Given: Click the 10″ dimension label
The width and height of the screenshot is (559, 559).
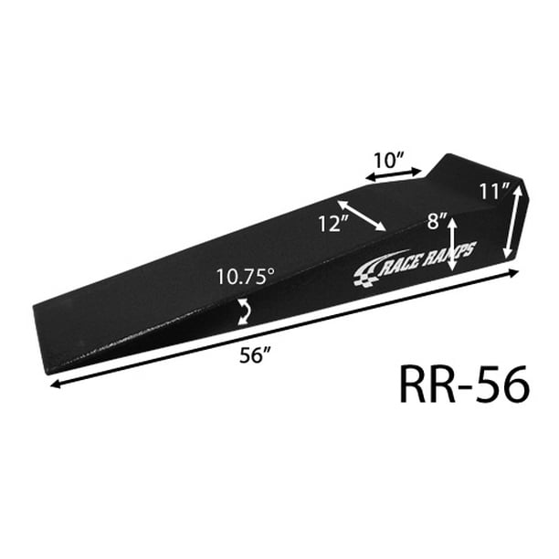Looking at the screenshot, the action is pyautogui.click(x=388, y=160).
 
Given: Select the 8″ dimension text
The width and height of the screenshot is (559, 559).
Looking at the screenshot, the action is pyautogui.click(x=438, y=221).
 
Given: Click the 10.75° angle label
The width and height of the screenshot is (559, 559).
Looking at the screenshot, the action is pyautogui.click(x=246, y=277).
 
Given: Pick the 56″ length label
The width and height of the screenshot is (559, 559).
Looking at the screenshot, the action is pyautogui.click(x=255, y=355).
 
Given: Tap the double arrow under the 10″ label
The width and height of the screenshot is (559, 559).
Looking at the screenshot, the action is pyautogui.click(x=394, y=174).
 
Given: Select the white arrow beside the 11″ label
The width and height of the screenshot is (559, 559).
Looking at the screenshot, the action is pyautogui.click(x=512, y=223).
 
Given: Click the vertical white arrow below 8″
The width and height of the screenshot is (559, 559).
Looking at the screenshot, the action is pyautogui.click(x=452, y=245).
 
